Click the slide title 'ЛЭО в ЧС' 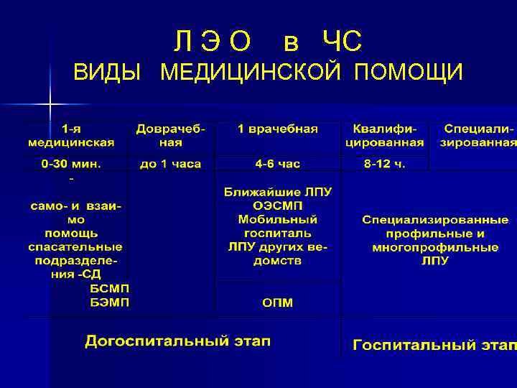pyautogui.click(x=268, y=42)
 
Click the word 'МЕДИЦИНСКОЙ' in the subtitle pyautogui.click(x=253, y=73)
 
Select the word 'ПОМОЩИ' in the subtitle pyautogui.click(x=408, y=73)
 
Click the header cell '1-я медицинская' pyautogui.click(x=70, y=136)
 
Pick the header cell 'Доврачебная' pyautogui.click(x=170, y=136)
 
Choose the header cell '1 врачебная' pyautogui.click(x=278, y=129)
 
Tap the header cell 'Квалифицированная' pyautogui.click(x=384, y=136)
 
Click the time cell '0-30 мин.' pyautogui.click(x=71, y=165)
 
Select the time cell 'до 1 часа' pyautogui.click(x=170, y=165)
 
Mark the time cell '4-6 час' pyautogui.click(x=277, y=165)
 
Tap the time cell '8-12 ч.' pyautogui.click(x=384, y=165)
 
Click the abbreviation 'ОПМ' pyautogui.click(x=277, y=302)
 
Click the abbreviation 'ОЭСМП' pyautogui.click(x=277, y=205)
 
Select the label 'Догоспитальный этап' pyautogui.click(x=177, y=341)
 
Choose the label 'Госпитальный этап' pyautogui.click(x=433, y=345)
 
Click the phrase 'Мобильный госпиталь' pyautogui.click(x=277, y=226)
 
